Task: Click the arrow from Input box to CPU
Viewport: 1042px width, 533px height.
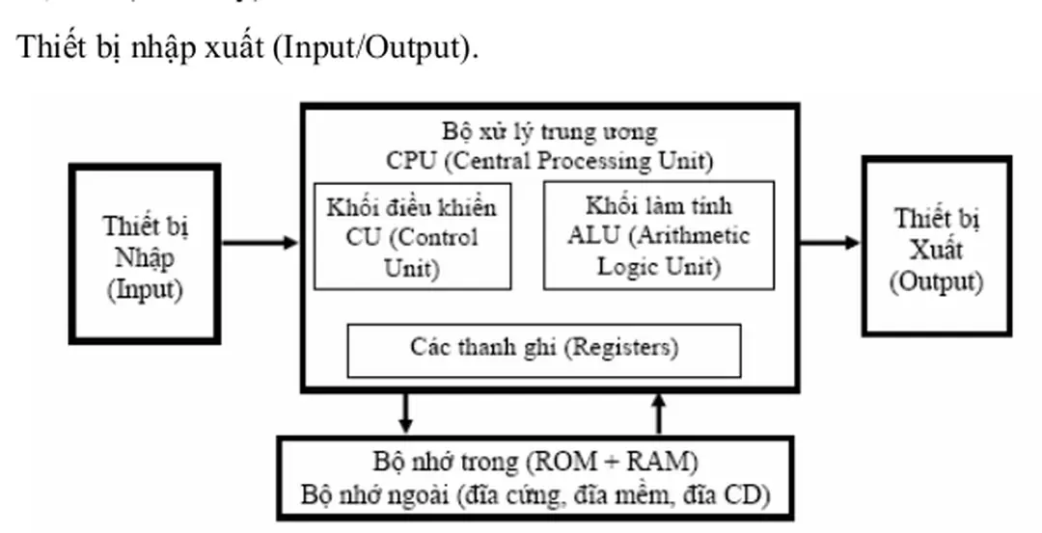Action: click(260, 243)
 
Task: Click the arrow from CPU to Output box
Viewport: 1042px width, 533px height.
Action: click(830, 242)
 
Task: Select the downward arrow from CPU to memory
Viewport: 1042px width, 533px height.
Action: click(405, 412)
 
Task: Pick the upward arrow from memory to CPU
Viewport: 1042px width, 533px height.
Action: click(659, 412)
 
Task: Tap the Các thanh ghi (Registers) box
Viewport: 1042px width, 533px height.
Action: click(543, 349)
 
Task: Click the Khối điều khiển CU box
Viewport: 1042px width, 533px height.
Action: click(412, 235)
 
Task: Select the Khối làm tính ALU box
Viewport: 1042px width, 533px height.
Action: click(658, 234)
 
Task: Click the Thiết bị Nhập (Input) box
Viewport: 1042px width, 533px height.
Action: click(146, 253)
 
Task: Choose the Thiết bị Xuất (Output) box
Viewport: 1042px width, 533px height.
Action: click(936, 246)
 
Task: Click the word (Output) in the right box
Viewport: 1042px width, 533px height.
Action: click(936, 282)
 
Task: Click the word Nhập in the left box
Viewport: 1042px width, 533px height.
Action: click(146, 258)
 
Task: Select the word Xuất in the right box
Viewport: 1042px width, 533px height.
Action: click(936, 250)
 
